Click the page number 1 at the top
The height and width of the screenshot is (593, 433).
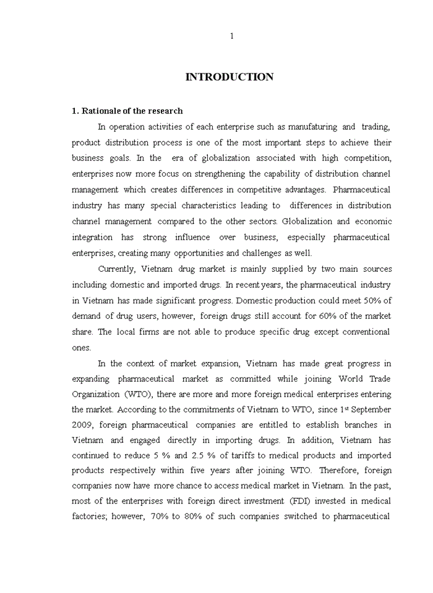pyautogui.click(x=232, y=36)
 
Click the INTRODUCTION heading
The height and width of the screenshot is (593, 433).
pyautogui.click(x=229, y=77)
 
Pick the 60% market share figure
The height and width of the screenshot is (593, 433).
pyautogui.click(x=311, y=316)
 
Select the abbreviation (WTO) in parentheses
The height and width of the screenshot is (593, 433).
pyautogui.click(x=139, y=393)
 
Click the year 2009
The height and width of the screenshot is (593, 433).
pyautogui.click(x=82, y=425)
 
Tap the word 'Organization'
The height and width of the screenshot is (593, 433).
pyautogui.click(x=95, y=393)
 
